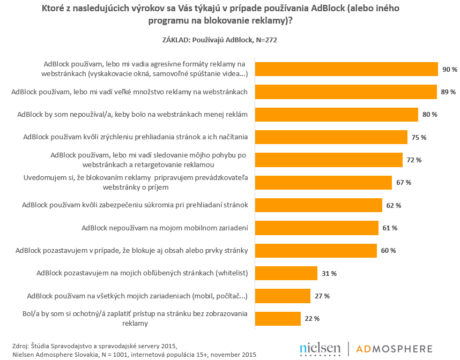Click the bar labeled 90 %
point(346,70)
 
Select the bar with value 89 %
point(345,92)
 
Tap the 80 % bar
point(336,115)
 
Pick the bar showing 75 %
point(331,137)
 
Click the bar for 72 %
point(328,160)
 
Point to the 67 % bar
point(323,183)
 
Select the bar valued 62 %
point(318,205)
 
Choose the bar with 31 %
point(286,273)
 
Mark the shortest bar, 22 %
point(277,318)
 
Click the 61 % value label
point(390,228)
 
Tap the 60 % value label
point(389,251)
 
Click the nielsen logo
point(320,348)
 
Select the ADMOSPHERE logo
point(395,349)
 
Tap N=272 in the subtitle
point(263,40)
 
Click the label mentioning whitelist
point(142,273)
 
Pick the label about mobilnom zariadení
point(165,228)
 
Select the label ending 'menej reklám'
point(132,114)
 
